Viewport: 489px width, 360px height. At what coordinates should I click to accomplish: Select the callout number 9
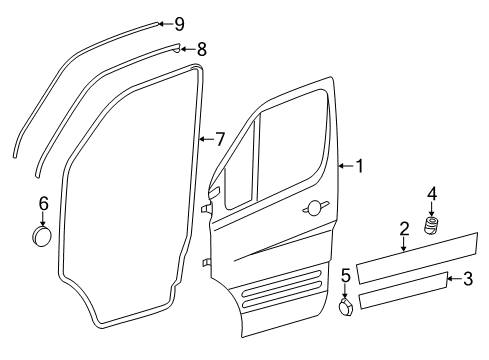[179, 23]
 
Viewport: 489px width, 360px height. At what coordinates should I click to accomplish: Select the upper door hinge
[206, 209]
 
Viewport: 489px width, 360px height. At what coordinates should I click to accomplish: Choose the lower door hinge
[206, 262]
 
